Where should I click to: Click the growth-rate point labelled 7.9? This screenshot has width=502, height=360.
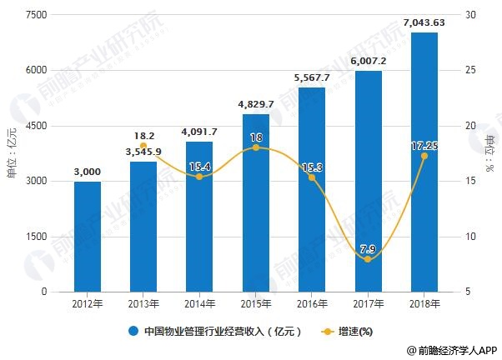[x=368, y=259]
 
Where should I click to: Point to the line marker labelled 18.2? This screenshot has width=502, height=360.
[x=143, y=146]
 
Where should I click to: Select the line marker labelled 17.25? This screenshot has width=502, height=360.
[x=424, y=156]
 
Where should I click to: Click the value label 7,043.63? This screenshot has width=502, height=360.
[x=424, y=22]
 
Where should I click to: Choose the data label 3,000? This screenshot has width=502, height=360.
[x=88, y=172]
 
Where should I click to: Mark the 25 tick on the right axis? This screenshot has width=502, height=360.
[x=471, y=70]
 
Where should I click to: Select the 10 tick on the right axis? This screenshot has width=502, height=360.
[x=471, y=237]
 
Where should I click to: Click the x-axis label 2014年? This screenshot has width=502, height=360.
[x=199, y=305]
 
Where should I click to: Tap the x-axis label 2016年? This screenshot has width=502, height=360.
[x=312, y=305]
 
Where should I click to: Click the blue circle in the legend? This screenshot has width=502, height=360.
[x=133, y=331]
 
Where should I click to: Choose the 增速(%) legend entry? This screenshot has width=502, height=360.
[x=351, y=331]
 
